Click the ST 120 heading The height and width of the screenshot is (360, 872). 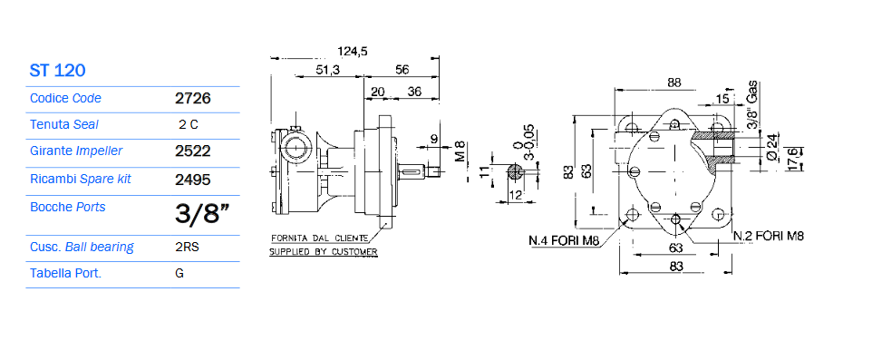point(57,71)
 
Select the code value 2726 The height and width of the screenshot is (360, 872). point(193,99)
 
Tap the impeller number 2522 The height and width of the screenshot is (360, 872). point(193,151)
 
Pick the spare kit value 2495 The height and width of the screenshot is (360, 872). point(193,180)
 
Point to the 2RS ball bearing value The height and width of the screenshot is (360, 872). point(187,247)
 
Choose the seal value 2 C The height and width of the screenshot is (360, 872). point(189,124)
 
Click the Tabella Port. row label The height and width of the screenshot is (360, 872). point(65,273)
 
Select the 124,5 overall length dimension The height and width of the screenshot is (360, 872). point(353,52)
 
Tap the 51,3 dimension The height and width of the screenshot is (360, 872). point(327,70)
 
